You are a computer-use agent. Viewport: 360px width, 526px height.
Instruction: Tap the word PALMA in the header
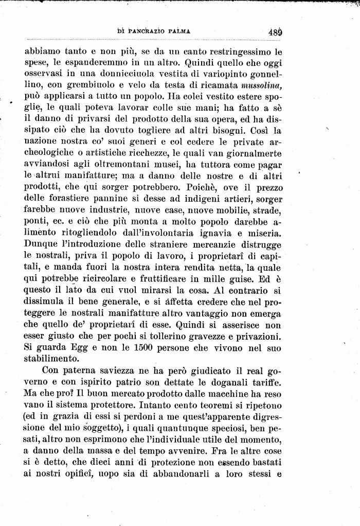click(179, 31)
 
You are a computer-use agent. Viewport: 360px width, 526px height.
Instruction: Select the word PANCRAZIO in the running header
click(146, 31)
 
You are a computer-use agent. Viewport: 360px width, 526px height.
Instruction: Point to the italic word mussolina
click(262, 84)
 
